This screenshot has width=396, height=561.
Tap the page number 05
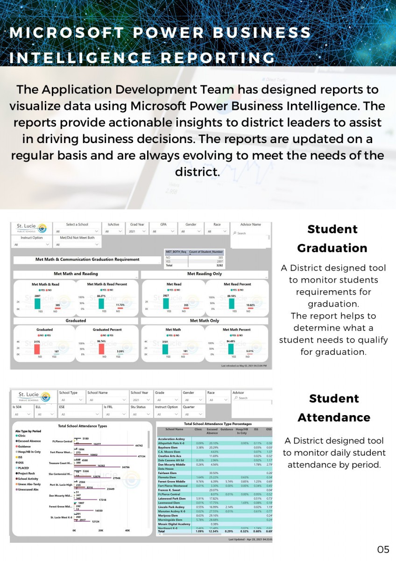coord(383,549)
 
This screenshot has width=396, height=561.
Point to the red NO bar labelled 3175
coord(37,348)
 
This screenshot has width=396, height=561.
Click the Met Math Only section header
coord(205,321)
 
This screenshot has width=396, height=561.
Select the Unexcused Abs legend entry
coord(29,489)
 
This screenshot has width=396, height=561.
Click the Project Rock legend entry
coord(27,473)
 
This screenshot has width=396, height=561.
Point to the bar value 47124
coord(141,456)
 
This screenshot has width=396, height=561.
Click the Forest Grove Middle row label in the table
coord(171,481)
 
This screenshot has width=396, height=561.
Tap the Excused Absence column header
coord(212,431)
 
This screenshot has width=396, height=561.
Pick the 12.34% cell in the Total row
coord(212,532)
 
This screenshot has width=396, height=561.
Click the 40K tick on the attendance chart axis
coord(127,531)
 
